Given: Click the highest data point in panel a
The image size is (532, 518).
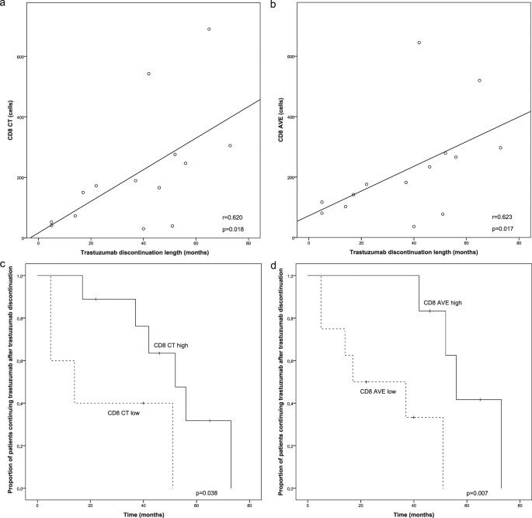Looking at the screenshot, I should point(209,30).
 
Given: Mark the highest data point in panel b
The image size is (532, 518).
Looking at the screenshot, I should point(419,43).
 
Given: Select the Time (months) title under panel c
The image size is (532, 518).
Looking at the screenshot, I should point(144,515).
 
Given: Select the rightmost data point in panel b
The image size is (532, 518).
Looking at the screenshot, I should point(500,148).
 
